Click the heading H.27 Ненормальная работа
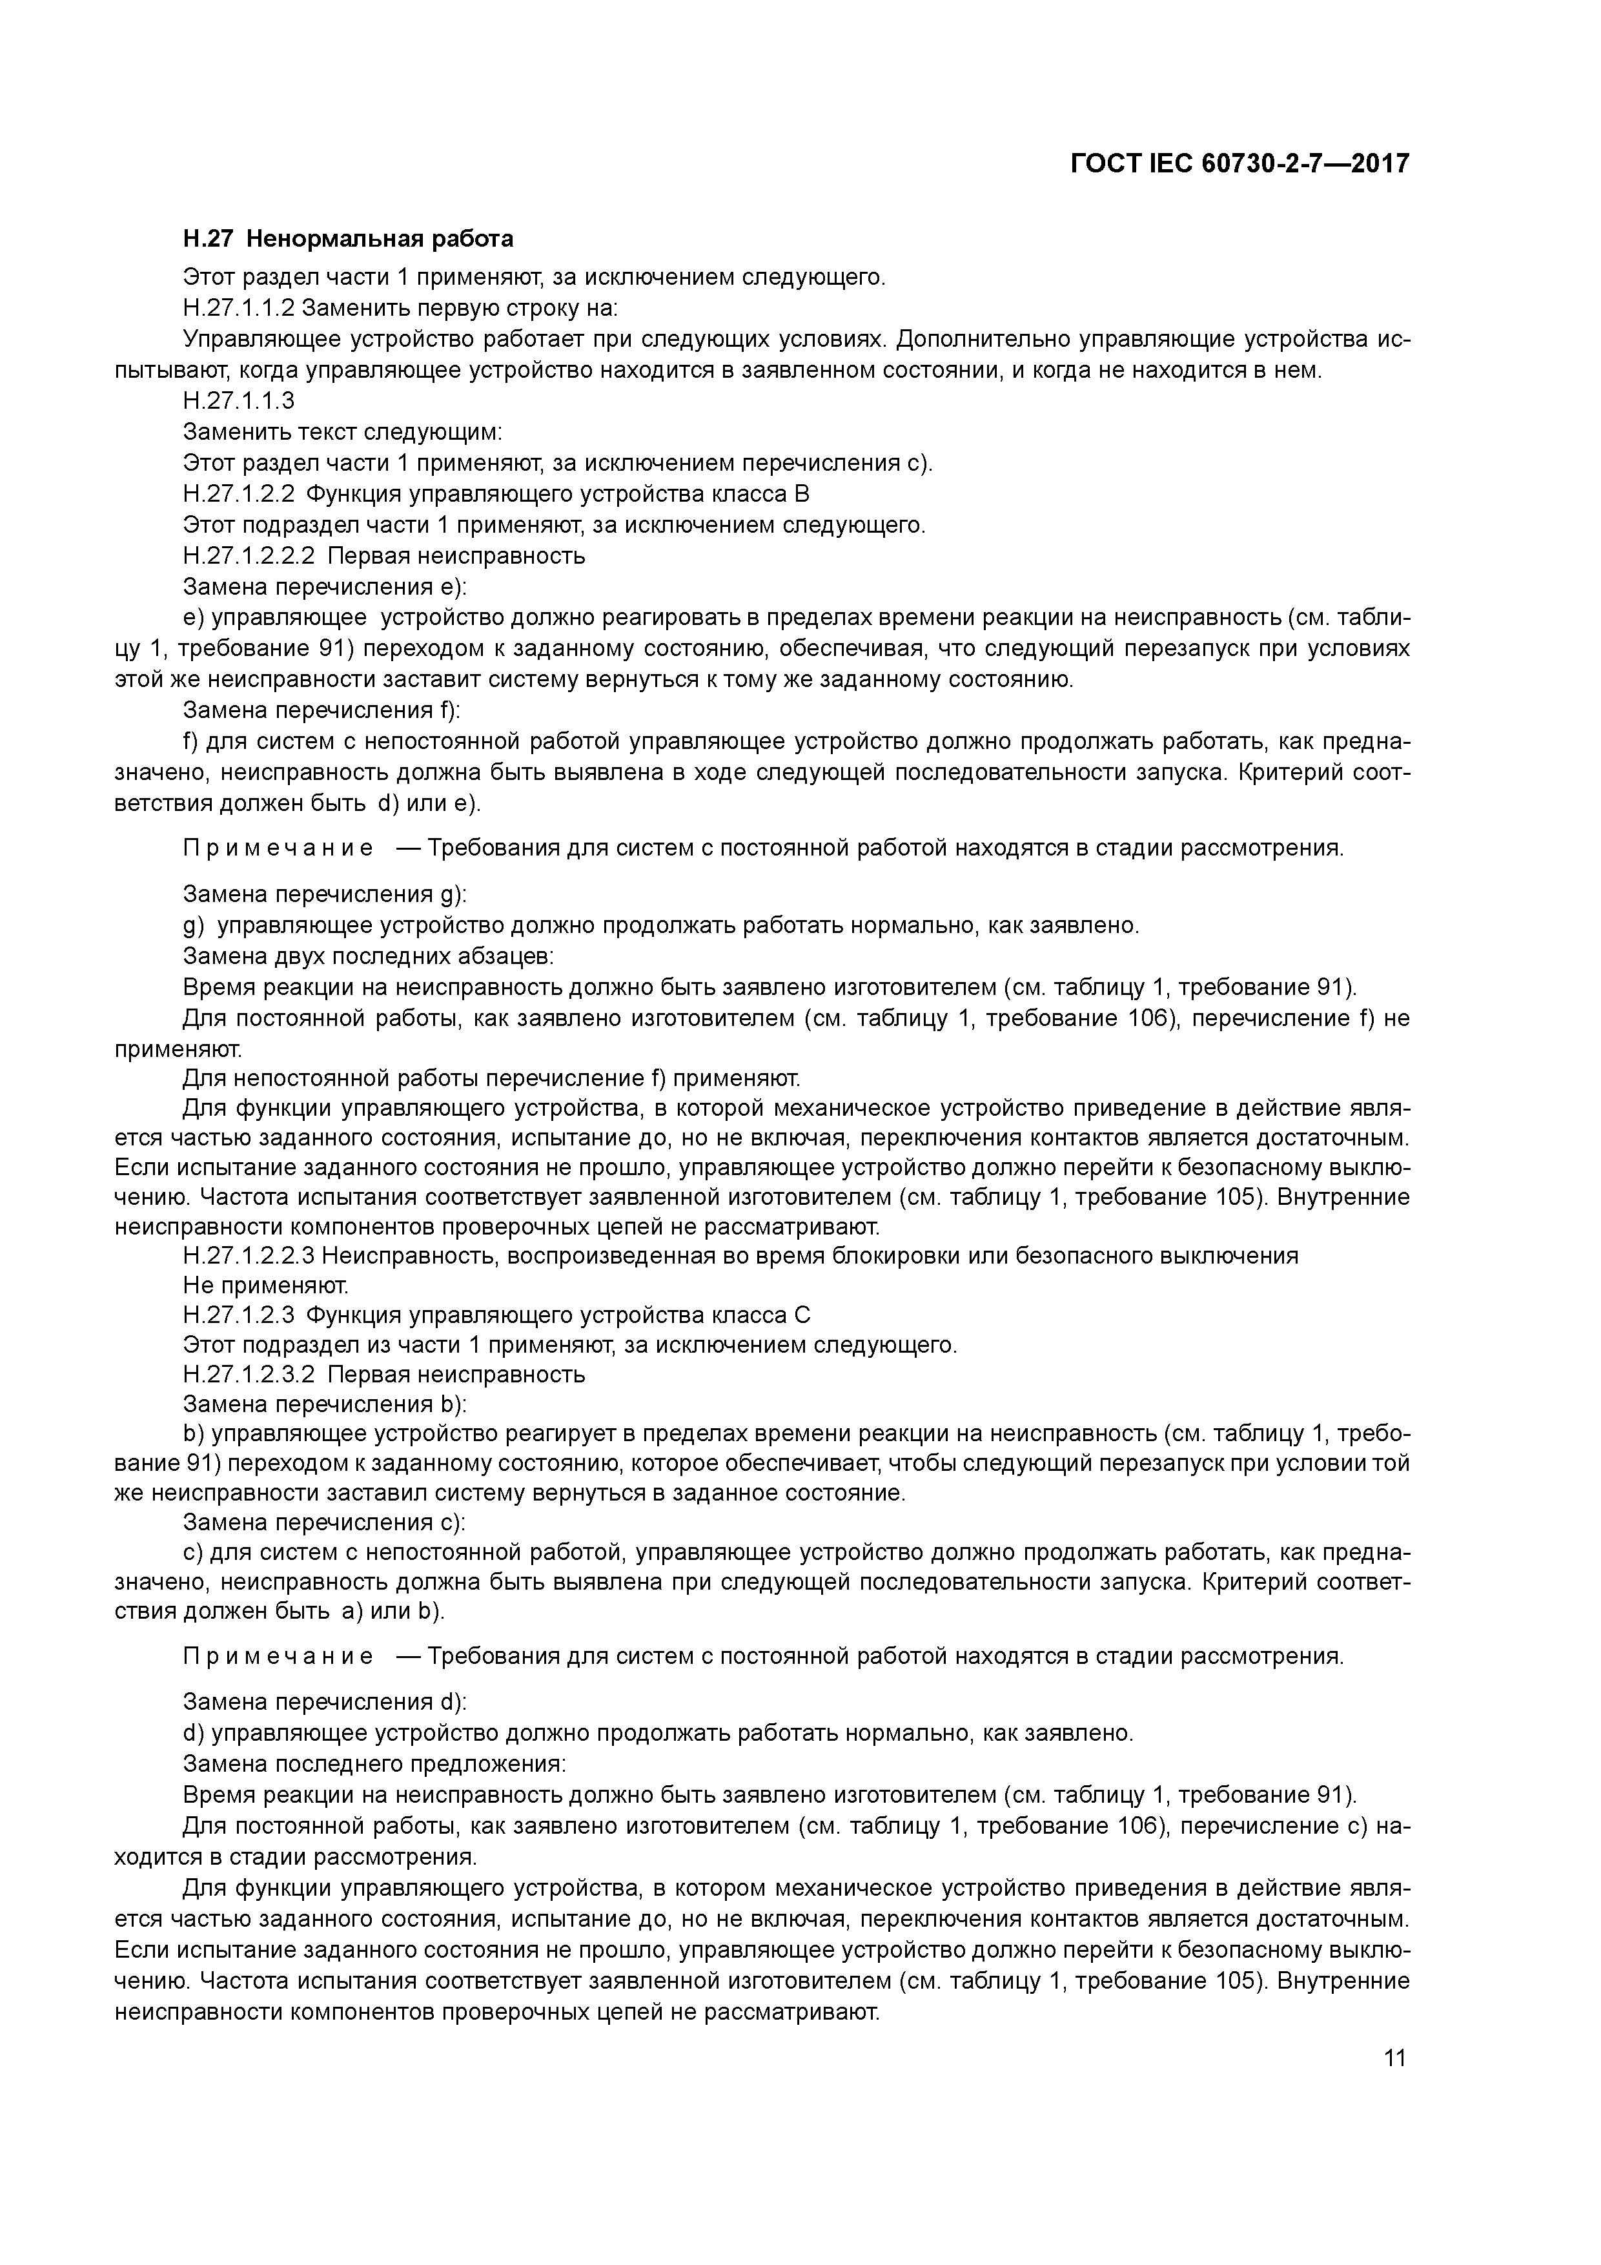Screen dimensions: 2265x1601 (348, 239)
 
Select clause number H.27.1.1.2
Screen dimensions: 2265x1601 (239, 308)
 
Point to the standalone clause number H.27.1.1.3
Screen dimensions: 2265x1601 (239, 400)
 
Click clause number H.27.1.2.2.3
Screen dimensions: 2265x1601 (249, 1256)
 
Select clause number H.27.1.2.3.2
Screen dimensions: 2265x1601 (249, 1374)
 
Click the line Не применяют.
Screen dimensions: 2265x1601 (267, 1286)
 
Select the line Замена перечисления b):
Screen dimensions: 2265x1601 (325, 1404)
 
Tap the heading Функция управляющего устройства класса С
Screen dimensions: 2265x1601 (559, 1315)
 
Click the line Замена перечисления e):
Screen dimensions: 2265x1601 (325, 587)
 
